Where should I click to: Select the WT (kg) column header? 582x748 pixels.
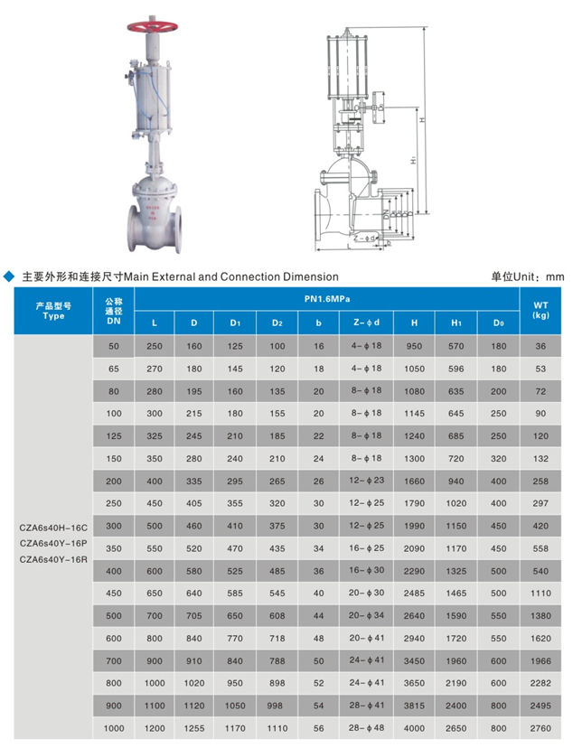click(540, 310)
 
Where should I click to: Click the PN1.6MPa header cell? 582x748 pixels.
click(326, 298)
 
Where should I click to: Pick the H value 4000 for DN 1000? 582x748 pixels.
click(414, 727)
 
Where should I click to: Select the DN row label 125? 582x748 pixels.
click(114, 435)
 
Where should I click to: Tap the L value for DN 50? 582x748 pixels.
click(154, 346)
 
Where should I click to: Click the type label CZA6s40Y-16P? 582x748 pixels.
click(53, 542)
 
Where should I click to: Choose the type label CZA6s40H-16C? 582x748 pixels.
click(53, 525)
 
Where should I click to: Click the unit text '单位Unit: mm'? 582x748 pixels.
click(528, 276)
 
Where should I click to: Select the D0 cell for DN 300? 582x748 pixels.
click(498, 525)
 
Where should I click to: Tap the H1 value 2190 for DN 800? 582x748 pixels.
click(456, 682)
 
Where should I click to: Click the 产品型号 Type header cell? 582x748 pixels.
click(53, 310)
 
